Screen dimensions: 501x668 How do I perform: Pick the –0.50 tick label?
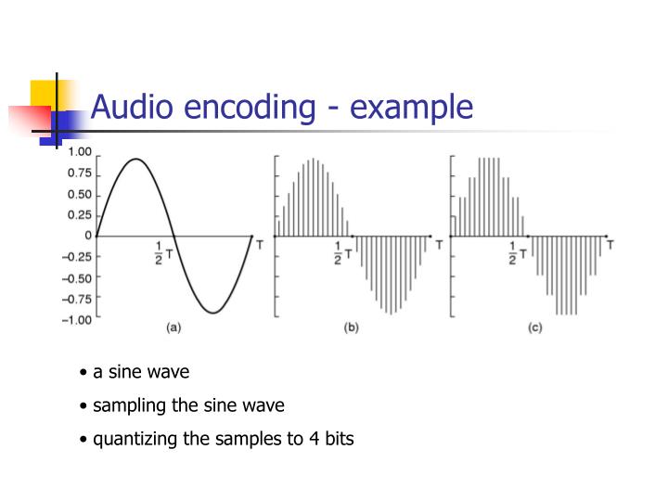[77, 278]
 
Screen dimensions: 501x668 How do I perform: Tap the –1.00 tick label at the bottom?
[77, 320]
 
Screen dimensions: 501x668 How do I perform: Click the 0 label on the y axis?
[88, 236]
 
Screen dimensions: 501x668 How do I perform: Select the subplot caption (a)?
[173, 328]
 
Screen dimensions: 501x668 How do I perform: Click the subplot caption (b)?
[351, 328]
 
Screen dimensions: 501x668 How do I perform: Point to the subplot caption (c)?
[535, 328]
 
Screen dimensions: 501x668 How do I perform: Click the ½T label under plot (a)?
[163, 252]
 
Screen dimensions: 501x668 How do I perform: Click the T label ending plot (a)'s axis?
[259, 245]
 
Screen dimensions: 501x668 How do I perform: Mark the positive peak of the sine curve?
[136, 160]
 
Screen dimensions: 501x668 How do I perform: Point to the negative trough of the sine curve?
[212, 313]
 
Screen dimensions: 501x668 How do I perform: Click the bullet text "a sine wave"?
[140, 372]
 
